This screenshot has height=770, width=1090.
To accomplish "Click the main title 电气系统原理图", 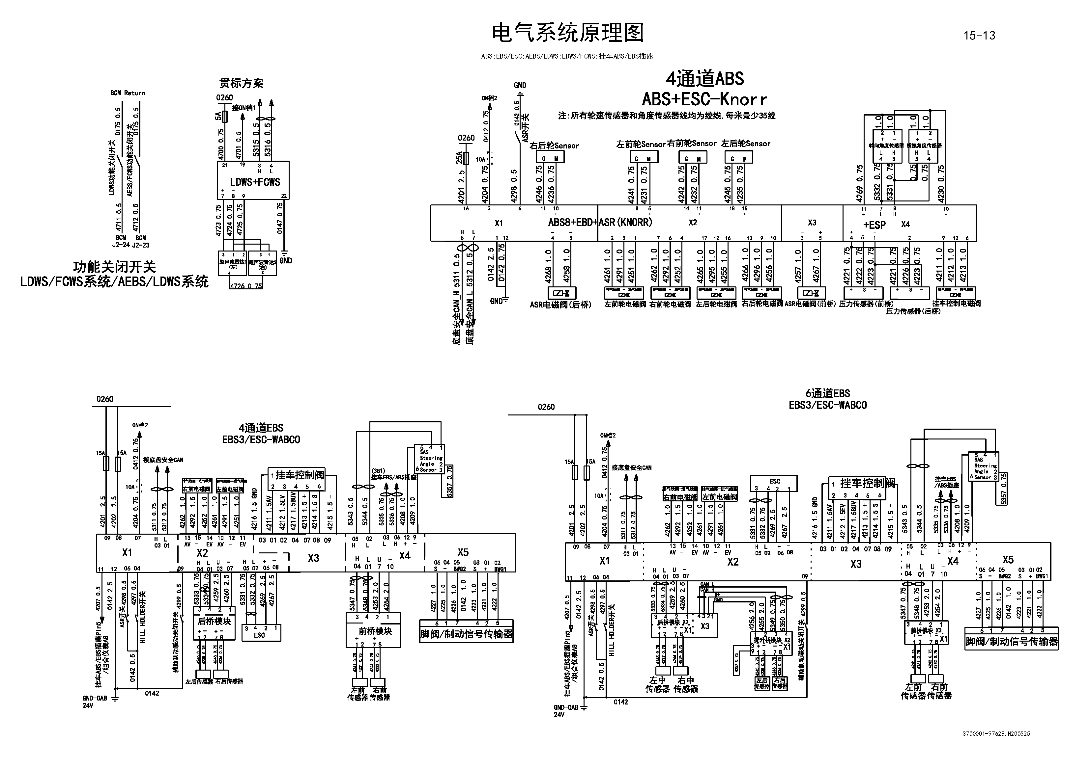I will pyautogui.click(x=567, y=33).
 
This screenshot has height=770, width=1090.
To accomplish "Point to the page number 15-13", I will pyautogui.click(x=979, y=36).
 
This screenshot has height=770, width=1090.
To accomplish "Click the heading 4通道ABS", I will pyautogui.click(x=704, y=79).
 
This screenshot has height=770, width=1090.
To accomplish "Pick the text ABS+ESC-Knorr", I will pyautogui.click(x=704, y=100).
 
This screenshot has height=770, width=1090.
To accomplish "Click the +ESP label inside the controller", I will pyautogui.click(x=874, y=225).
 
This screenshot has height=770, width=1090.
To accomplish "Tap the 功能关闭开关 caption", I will pyautogui.click(x=114, y=267).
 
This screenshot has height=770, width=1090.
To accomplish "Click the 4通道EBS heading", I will pyautogui.click(x=261, y=428).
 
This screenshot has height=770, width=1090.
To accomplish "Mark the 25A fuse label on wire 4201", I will pyautogui.click(x=459, y=157).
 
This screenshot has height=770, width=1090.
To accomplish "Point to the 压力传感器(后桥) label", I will pyautogui.click(x=912, y=311).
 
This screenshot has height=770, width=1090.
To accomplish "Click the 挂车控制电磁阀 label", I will pyautogui.click(x=956, y=304).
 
